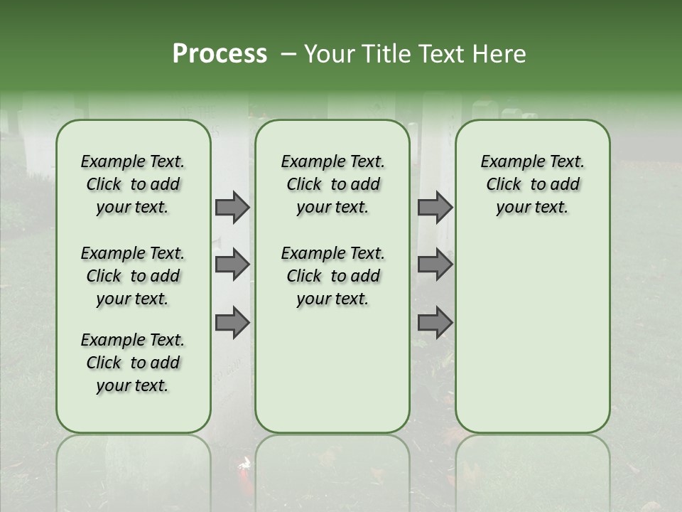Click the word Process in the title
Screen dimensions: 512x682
pos(220,54)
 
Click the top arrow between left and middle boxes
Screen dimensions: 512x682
pos(232,207)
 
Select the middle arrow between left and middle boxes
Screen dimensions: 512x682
pos(232,265)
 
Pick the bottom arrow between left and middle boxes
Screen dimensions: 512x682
pos(232,323)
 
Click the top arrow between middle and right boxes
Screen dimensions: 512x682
pos(435,207)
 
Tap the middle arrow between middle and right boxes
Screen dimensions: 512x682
pos(435,265)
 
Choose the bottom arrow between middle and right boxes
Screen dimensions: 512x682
pos(435,323)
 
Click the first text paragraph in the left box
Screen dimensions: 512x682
pos(133,184)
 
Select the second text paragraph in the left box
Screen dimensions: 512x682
pos(133,276)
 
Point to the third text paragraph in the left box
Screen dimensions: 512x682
pos(133,363)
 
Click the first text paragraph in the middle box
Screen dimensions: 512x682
pos(333,184)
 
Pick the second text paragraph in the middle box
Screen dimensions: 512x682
pos(333,276)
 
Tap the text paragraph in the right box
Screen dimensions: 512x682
pos(533,184)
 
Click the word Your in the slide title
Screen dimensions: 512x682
pos(330,54)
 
